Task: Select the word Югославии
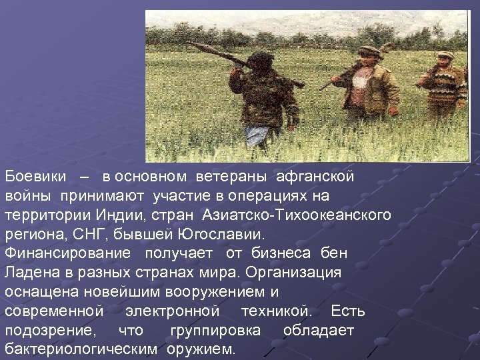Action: tap(221, 235)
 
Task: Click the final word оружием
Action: tap(201, 349)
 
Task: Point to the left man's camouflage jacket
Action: tap(263, 97)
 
